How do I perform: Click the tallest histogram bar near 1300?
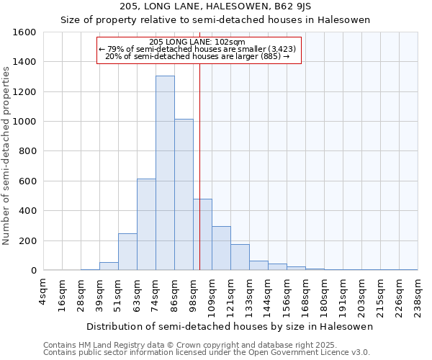point(165,173)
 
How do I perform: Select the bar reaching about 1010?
point(184,194)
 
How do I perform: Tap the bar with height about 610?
point(146,225)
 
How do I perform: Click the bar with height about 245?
point(127,252)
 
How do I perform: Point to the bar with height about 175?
point(240,257)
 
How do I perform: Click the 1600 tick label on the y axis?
point(24,32)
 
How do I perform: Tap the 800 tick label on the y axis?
point(27,151)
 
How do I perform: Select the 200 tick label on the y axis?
point(27,240)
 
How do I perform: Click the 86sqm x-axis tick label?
point(174,291)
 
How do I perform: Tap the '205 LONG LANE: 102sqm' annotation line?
point(198,42)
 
